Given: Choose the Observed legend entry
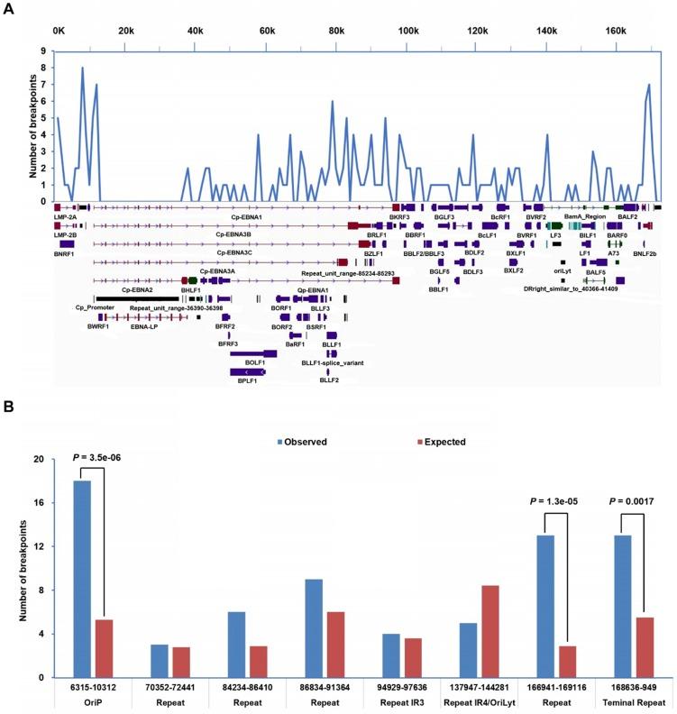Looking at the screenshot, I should point(305,443).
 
